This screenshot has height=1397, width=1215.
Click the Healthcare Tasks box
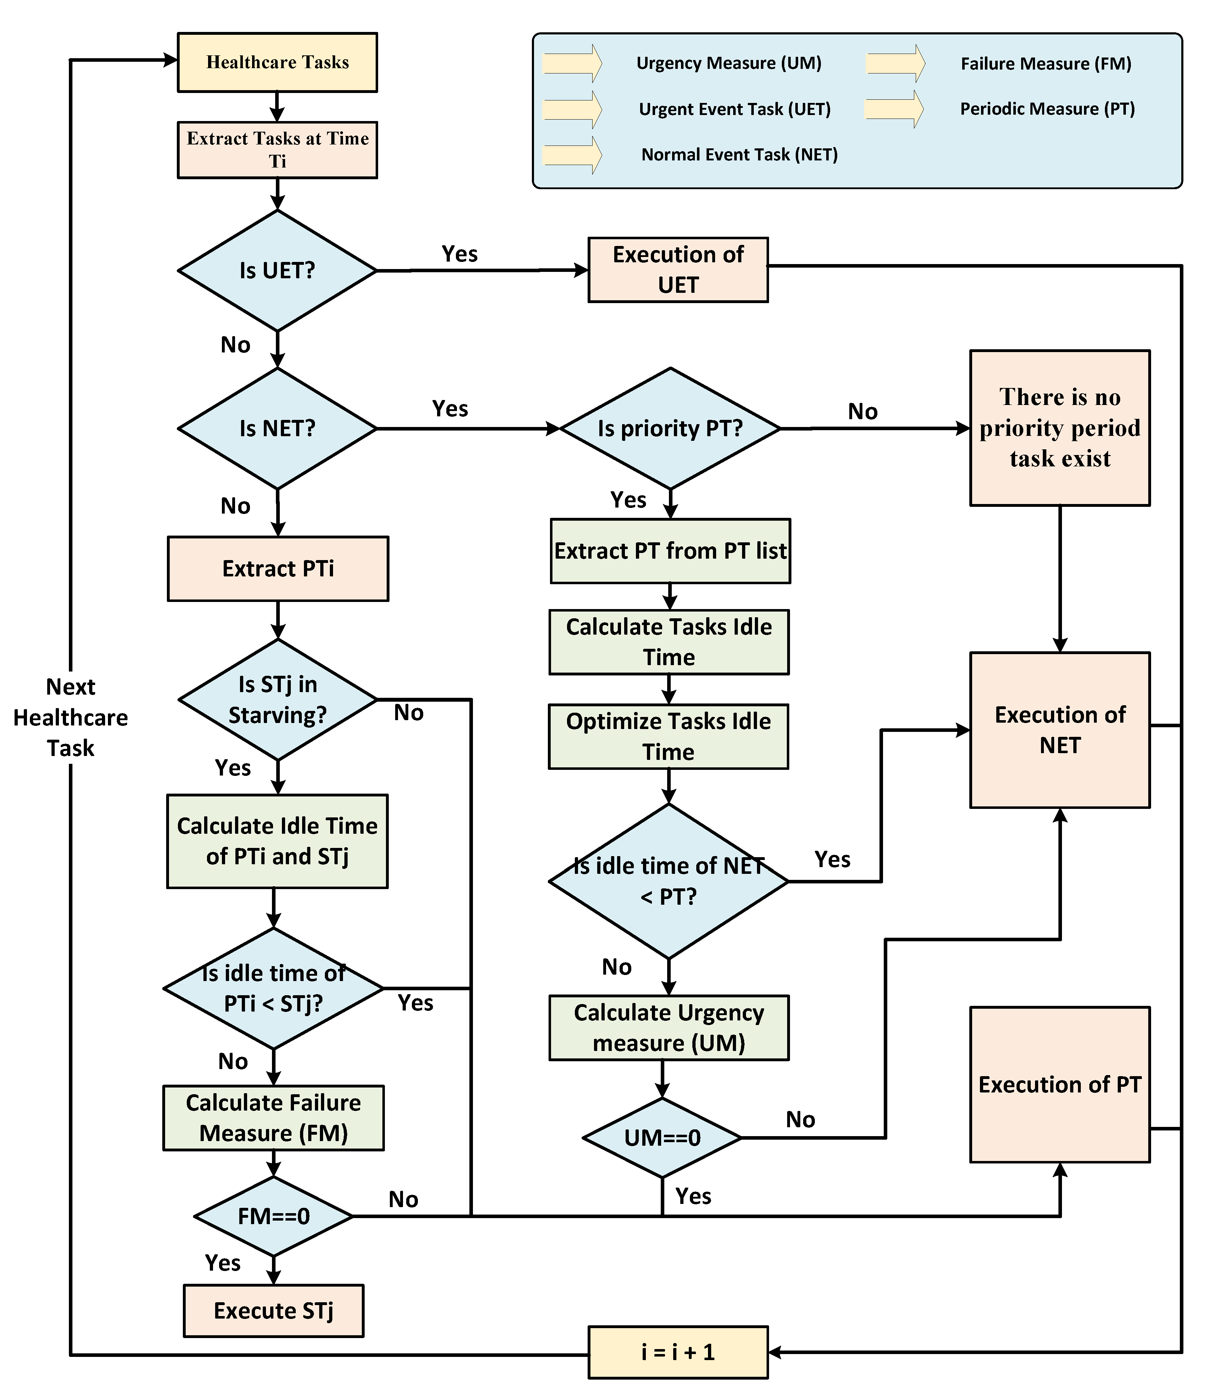click(277, 62)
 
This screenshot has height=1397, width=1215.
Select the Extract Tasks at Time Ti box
click(277, 150)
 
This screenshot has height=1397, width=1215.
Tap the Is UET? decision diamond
click(277, 270)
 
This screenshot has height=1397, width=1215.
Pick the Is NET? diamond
click(277, 428)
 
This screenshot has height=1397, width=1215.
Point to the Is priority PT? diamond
click(670, 428)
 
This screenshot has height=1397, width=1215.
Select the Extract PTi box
click(278, 569)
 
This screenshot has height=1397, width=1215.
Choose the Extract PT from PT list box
click(670, 551)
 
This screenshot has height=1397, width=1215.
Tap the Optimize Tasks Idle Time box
click(669, 737)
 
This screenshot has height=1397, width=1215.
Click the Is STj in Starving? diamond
click(277, 700)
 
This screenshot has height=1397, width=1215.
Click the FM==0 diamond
click(273, 1217)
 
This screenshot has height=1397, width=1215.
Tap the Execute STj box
click(273, 1311)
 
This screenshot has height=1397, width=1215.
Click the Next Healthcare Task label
click(71, 718)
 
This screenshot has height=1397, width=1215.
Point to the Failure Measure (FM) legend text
click(1046, 64)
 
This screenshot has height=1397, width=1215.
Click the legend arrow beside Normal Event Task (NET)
click(572, 155)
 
